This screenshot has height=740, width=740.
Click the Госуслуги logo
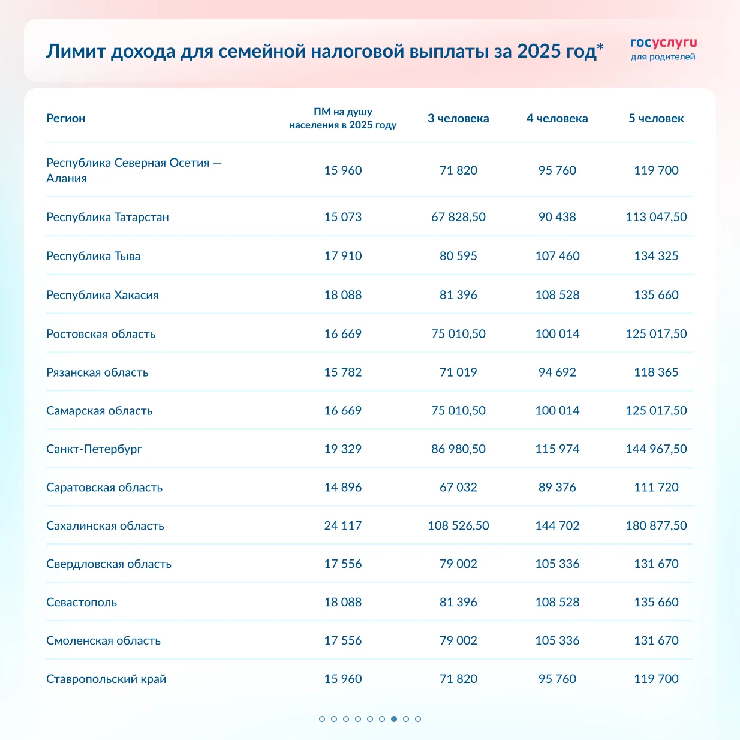663,49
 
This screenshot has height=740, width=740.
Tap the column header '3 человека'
458,118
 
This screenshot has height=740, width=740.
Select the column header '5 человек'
656,118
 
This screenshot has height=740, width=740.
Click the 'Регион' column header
66,118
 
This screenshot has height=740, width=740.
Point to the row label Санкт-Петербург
94,449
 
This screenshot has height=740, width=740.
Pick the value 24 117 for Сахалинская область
343,525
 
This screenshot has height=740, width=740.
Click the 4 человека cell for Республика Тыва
557,256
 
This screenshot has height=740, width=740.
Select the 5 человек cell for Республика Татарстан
656,217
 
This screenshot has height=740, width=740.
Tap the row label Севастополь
82,602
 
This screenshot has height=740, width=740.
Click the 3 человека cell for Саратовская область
458,487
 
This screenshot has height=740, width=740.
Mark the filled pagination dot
394,718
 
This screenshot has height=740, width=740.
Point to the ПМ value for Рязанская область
343,372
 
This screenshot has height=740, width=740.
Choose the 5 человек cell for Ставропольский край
656,679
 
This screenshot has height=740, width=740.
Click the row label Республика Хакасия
103,295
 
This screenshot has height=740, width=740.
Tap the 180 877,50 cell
656,525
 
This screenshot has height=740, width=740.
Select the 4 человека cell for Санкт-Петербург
557,449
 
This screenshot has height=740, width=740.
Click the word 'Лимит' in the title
71,52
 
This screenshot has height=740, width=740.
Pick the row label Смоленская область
104,640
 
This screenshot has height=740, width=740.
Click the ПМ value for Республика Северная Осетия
343,170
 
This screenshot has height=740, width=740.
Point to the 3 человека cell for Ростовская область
458,333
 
